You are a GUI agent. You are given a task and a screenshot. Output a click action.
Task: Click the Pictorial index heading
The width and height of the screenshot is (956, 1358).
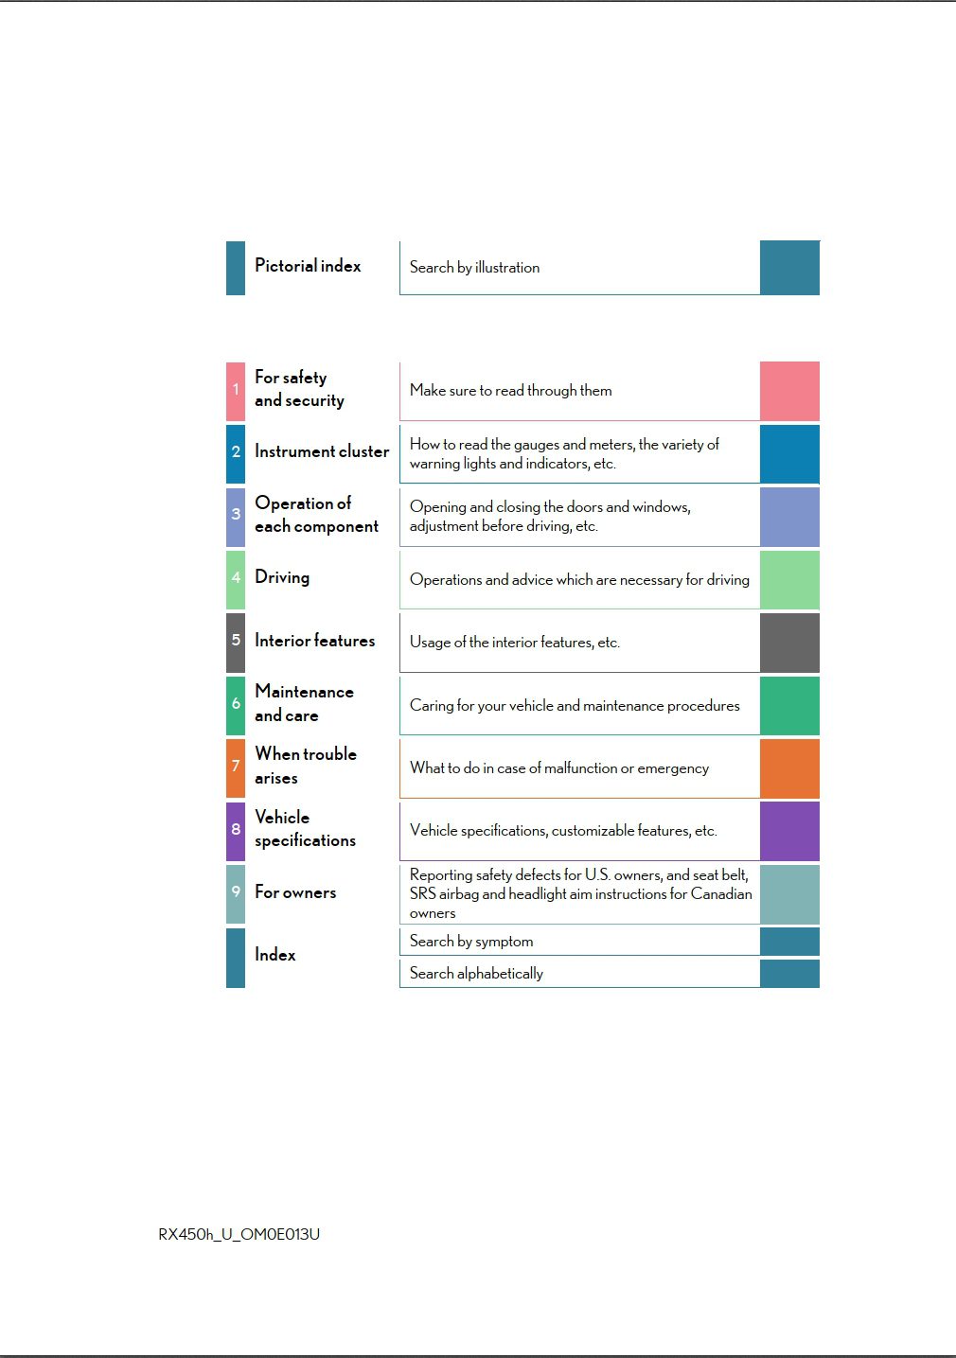[308, 266]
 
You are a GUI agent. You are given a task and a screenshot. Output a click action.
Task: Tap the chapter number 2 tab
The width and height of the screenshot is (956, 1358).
[236, 452]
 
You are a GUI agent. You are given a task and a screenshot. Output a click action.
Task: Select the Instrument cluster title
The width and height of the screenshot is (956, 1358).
[322, 451]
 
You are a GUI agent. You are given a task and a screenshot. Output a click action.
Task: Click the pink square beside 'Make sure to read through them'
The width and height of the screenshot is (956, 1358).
[789, 390]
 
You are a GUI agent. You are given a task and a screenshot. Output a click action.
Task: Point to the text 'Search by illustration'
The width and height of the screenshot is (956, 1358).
[474, 268]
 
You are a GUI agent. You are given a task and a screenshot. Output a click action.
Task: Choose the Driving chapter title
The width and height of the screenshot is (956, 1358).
[282, 577]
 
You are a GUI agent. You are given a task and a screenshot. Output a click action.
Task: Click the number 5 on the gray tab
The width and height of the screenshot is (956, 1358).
[236, 641]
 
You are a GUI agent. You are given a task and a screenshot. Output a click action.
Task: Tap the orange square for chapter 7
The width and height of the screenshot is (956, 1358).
[789, 767]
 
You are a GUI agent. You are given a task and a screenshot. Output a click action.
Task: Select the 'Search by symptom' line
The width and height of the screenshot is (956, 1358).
[471, 942]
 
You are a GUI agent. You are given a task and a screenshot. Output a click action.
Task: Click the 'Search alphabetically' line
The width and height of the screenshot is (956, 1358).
[476, 973]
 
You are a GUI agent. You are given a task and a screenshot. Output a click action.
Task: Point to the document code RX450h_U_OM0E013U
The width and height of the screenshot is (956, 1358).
[239, 1234]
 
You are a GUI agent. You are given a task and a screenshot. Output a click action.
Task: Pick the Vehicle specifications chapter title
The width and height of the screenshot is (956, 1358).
[305, 828]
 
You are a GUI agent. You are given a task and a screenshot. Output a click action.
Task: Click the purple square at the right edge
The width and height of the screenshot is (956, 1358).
[789, 830]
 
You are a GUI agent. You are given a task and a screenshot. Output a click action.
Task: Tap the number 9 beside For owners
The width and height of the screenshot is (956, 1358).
[236, 891]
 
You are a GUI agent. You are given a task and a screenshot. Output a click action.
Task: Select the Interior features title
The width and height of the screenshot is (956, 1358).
[314, 641]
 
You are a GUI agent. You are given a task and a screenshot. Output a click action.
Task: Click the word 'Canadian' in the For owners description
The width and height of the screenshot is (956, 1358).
[721, 893]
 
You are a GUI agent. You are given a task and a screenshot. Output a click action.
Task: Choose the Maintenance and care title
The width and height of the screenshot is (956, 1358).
[304, 703]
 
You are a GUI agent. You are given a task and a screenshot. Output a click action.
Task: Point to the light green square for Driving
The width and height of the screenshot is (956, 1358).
[789, 579]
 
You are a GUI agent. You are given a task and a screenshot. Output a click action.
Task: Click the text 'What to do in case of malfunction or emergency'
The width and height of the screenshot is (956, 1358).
[558, 768]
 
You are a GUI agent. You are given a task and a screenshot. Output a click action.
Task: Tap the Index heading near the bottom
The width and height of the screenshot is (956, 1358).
[274, 955]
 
